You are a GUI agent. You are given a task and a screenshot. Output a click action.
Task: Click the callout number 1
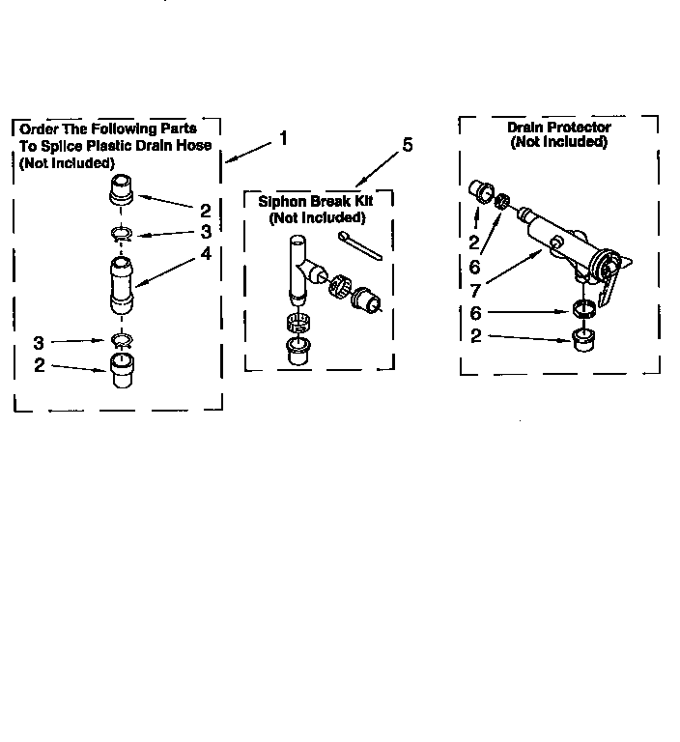(283, 137)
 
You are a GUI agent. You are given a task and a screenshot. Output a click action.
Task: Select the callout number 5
(407, 145)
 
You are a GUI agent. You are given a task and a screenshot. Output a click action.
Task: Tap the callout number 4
(205, 254)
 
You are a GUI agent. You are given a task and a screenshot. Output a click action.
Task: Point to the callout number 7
(475, 289)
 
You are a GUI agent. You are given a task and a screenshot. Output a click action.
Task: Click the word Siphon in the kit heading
(279, 202)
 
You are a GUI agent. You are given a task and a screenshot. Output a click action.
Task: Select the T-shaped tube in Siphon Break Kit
(299, 267)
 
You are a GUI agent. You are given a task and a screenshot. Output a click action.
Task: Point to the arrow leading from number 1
(247, 151)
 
